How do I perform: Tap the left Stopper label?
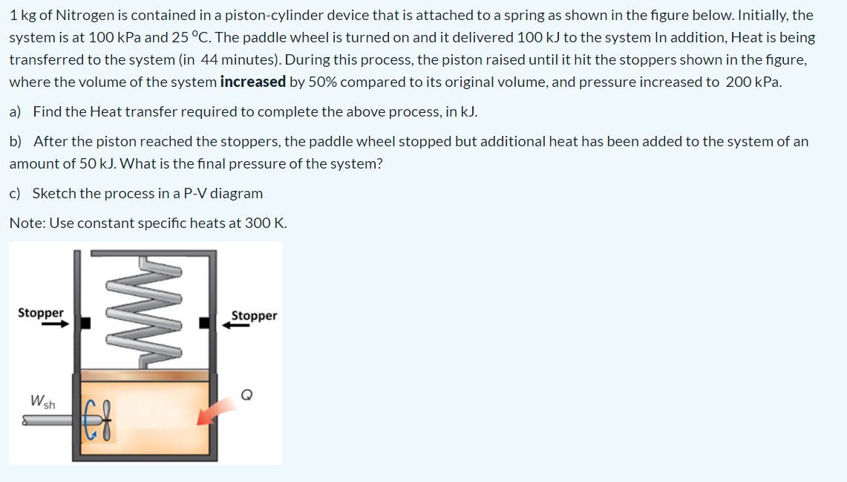pos(41,313)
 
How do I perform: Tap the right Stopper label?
pos(254,316)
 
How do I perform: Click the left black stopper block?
pos(86,323)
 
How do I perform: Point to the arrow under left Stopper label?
pos(55,324)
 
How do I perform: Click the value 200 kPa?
pos(753,82)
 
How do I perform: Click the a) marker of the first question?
pos(16,111)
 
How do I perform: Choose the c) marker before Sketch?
pos(16,193)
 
